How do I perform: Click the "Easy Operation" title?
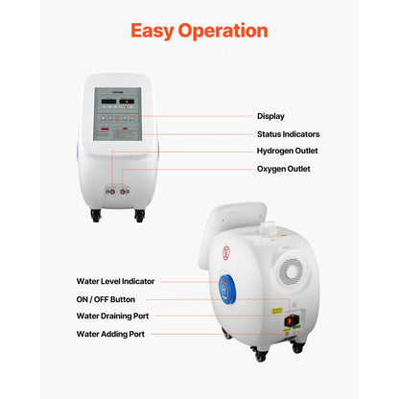pos(199,31)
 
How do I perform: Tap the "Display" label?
pos(271,115)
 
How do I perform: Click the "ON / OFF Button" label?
pos(106,299)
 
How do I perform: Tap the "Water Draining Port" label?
pos(112,316)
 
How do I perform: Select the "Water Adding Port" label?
pos(109,334)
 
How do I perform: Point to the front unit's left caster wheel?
pos(97,217)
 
